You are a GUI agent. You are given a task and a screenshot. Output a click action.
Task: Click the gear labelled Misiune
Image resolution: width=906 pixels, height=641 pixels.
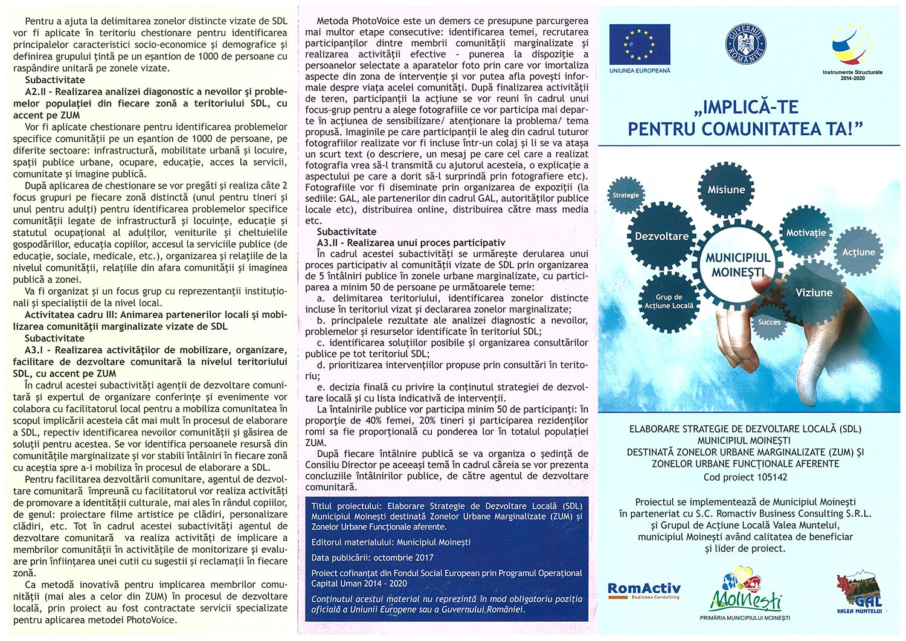pos(726,189)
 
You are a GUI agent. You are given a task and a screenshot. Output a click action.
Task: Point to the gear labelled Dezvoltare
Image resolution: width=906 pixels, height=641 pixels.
pos(661,236)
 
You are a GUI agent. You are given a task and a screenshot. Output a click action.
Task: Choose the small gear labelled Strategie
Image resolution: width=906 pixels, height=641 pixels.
pos(626,195)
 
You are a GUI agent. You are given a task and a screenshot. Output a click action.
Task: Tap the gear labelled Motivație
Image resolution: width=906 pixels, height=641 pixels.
pos(806,233)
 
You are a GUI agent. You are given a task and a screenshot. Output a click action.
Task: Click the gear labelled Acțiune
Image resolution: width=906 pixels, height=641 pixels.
pos(858,252)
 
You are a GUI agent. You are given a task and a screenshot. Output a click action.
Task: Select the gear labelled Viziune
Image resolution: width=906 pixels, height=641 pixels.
pos(814,292)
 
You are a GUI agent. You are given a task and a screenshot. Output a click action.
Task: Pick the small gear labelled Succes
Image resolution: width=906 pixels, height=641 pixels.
pos(769,322)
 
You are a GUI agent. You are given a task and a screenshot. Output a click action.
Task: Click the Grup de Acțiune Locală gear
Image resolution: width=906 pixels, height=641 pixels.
pos(669,301)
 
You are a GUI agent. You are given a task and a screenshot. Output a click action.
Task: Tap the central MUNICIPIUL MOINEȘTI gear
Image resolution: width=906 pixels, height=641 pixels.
pos(737,265)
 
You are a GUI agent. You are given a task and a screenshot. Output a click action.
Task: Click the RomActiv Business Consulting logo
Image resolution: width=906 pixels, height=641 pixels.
pos(644,590)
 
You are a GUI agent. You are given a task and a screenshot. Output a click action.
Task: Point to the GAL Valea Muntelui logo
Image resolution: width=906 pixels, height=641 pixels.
pos(858,594)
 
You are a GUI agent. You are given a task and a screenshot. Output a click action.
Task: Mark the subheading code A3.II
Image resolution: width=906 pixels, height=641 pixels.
pos(329,243)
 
